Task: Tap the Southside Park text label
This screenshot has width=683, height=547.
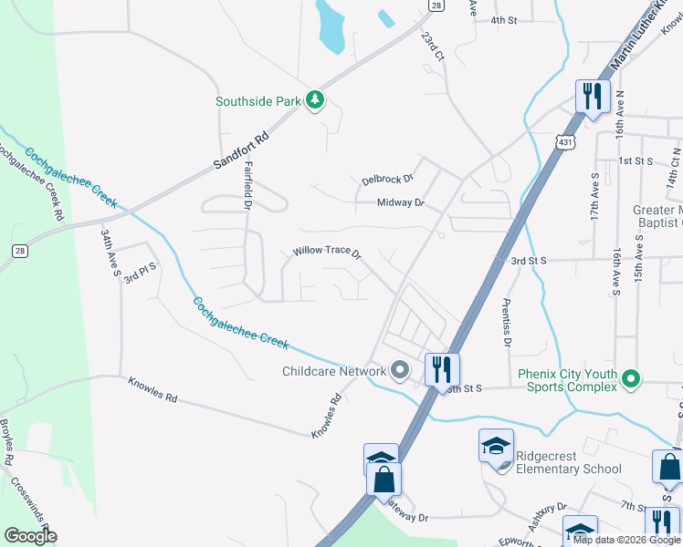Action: [258, 102]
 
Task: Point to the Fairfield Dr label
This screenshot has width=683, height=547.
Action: [247, 186]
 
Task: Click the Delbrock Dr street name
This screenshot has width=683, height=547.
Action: [387, 179]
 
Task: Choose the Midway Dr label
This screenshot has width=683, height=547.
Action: [401, 202]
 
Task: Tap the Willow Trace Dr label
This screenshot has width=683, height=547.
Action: [327, 251]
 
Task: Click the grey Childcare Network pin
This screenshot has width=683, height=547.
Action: [399, 371]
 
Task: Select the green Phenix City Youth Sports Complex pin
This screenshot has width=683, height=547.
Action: [629, 377]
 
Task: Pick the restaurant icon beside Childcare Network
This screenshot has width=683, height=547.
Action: [441, 368]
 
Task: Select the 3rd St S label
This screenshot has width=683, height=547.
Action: [528, 261]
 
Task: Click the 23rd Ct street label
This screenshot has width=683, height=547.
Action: [432, 47]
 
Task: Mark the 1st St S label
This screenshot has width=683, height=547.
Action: [635, 160]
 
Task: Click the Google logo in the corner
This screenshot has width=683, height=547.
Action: [30, 536]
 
